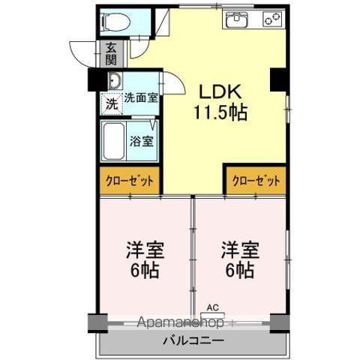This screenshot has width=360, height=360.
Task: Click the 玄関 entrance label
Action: (110, 53)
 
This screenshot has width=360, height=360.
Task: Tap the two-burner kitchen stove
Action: (271, 19)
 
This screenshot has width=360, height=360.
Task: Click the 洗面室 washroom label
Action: (140, 97)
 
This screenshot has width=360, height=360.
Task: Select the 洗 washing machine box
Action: (111, 103)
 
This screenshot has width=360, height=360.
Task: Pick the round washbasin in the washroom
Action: (114, 81)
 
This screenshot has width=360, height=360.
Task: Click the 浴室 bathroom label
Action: (142, 139)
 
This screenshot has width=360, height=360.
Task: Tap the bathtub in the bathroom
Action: (113, 140)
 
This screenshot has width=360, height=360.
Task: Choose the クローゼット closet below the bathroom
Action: (130, 181)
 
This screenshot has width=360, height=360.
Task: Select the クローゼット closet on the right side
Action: (256, 180)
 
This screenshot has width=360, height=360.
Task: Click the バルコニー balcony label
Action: (192, 340)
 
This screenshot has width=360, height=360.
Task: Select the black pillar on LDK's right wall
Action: (279, 79)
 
